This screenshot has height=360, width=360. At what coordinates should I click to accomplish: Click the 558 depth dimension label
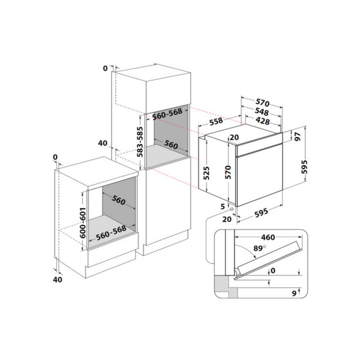point(216,121)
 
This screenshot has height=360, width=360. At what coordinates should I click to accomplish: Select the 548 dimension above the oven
point(262,111)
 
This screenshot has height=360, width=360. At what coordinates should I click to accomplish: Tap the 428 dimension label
point(263,120)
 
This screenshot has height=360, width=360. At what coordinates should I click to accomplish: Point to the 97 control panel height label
point(298,137)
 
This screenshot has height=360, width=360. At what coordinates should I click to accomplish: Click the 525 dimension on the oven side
point(206,173)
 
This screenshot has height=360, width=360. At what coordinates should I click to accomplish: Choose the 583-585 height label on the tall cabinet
point(140,142)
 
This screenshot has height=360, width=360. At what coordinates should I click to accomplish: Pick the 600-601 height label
point(83,223)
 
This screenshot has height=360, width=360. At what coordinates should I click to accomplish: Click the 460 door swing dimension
point(268,237)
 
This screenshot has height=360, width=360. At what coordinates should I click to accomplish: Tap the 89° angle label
point(260,248)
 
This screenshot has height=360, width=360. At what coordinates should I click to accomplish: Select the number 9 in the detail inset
point(294,293)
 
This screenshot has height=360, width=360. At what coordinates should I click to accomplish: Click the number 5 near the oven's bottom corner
point(223,206)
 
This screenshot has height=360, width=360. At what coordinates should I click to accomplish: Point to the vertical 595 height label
point(304,167)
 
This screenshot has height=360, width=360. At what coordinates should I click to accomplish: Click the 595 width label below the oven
point(261,213)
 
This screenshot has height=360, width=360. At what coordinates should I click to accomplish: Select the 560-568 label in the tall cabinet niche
point(167,114)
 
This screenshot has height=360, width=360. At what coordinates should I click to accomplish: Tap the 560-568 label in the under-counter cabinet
point(111,232)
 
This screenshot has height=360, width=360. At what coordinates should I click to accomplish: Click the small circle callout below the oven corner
point(232,209)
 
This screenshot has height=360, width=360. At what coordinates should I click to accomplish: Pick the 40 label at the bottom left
point(57,280)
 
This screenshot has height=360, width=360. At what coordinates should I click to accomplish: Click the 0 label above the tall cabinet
point(105,68)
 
